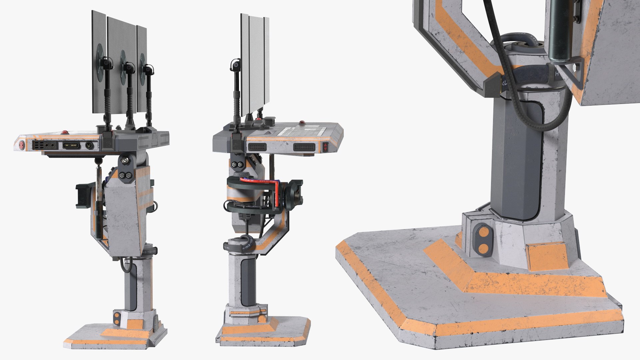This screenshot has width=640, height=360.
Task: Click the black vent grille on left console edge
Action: pos(38,145)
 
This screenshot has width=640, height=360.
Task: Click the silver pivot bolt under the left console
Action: pos(125,161)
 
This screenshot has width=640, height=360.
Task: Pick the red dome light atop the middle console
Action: pos(302,122)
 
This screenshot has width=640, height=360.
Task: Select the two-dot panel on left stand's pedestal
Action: pos(117,319)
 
